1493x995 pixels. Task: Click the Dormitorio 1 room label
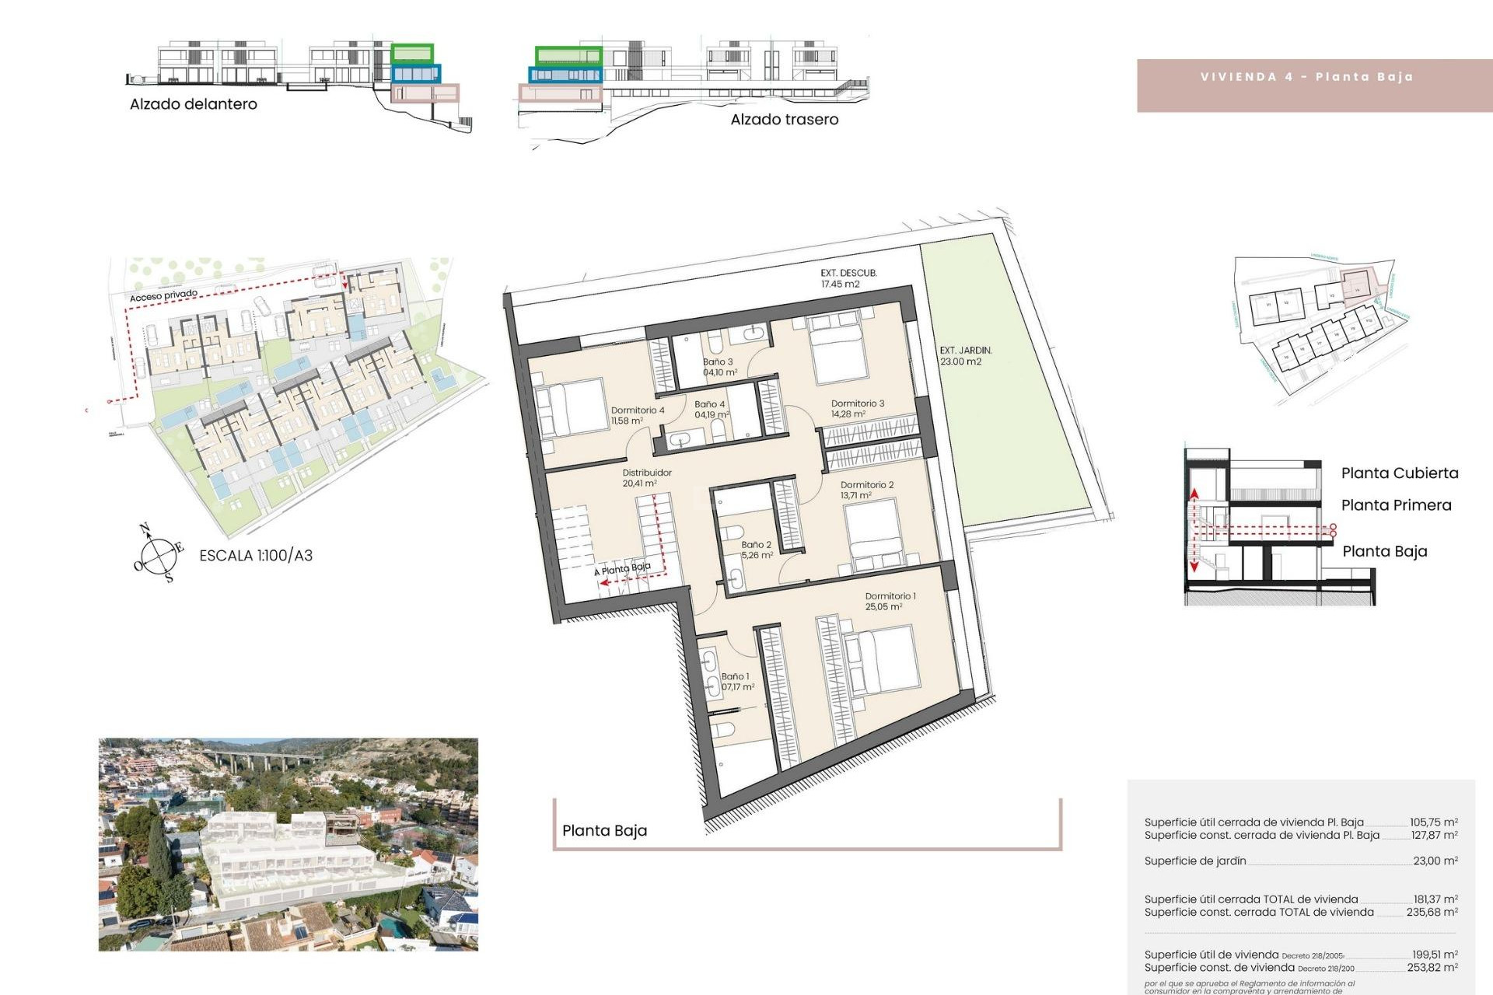(890, 601)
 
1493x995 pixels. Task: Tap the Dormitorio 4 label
(637, 415)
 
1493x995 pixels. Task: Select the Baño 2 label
(756, 550)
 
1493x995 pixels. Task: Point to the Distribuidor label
(646, 477)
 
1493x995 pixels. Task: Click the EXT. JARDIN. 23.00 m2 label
(965, 356)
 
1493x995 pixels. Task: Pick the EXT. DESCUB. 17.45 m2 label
(848, 278)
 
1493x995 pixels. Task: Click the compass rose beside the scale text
(159, 554)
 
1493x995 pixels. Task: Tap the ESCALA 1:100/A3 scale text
(256, 555)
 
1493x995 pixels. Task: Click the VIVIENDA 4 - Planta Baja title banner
(1306, 77)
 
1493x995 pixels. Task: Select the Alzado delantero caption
(193, 104)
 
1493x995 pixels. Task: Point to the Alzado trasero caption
(784, 120)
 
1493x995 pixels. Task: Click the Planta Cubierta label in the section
(1399, 473)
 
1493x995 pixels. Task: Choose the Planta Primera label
(1396, 505)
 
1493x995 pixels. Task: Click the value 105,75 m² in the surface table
(1434, 822)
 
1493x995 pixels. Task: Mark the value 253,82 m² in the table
(1432, 968)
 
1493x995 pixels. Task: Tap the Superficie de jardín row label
(1195, 861)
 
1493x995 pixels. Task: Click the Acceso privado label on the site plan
(163, 295)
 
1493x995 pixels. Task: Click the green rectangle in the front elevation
(412, 54)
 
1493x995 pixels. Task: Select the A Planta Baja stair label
(623, 569)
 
